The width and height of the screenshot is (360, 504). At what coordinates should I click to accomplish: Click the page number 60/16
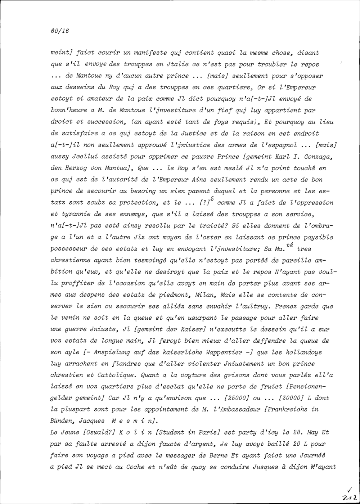click(60, 31)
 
